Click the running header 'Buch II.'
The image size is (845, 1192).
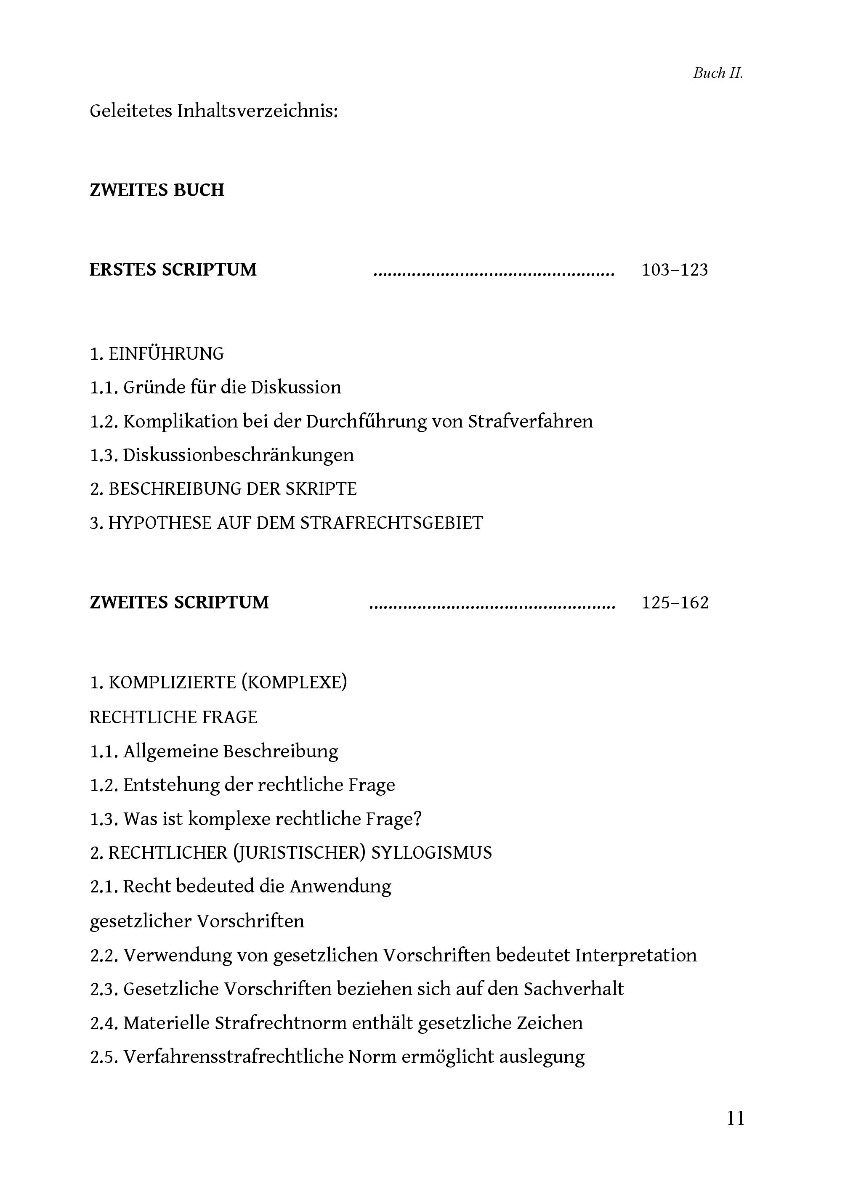[x=717, y=73]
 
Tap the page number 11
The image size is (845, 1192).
[x=735, y=1118]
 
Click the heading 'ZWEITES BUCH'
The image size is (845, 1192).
[x=157, y=191]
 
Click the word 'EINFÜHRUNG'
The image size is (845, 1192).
[x=166, y=354]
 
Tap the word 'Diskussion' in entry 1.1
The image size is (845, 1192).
[x=296, y=388]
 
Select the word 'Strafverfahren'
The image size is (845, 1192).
[x=530, y=422]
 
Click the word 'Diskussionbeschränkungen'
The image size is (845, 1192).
[x=238, y=455]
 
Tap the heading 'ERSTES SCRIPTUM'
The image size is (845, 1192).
[x=173, y=270]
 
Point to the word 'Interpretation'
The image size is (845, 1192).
[x=636, y=955]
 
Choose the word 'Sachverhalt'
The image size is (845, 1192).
[x=574, y=989]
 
